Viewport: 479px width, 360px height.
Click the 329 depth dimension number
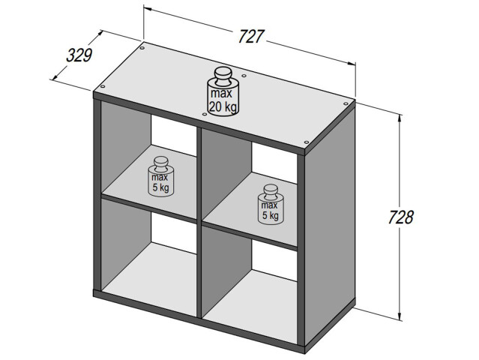(x=79, y=55)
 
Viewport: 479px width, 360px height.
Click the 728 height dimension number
(x=402, y=217)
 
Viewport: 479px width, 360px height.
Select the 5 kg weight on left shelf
(x=160, y=179)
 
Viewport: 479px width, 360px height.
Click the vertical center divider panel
(x=200, y=225)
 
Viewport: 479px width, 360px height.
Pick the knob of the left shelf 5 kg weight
(x=160, y=160)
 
